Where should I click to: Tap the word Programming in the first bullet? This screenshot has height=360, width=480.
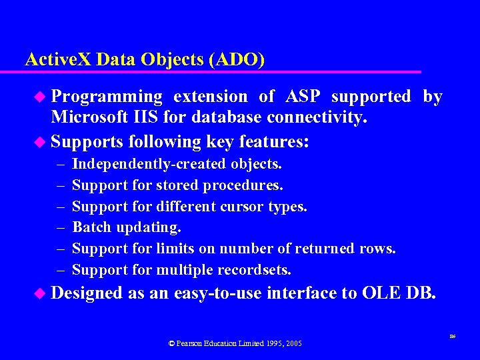pos(107,97)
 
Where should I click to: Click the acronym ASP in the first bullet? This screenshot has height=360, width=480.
pos(303,97)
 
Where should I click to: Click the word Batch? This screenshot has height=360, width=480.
pos(91,228)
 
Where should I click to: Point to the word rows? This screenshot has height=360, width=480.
pos(380,249)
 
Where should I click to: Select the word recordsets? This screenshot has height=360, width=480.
pos(256,271)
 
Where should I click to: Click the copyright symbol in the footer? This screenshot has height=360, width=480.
pos(171,343)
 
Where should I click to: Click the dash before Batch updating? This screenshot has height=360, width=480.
pos(61,228)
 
